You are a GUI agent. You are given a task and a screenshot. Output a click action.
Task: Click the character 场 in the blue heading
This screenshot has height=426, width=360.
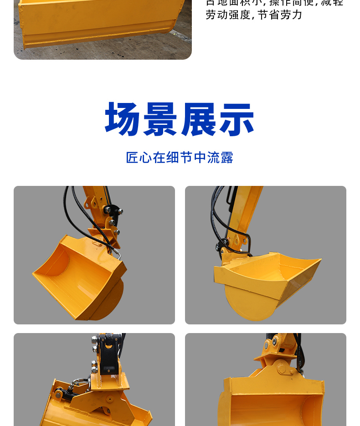pyautogui.click(x=123, y=119)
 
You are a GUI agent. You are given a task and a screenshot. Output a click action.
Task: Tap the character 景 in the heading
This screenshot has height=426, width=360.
pyautogui.click(x=161, y=119)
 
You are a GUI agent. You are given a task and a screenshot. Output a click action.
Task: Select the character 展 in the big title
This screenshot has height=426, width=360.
pyautogui.click(x=199, y=119)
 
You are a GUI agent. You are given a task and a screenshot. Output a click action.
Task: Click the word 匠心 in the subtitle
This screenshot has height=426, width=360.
pyautogui.click(x=139, y=158)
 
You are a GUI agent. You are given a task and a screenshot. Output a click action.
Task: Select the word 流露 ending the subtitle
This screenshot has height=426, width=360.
pyautogui.click(x=220, y=158)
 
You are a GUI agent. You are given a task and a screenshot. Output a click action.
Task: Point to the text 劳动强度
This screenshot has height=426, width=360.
pyautogui.click(x=228, y=15)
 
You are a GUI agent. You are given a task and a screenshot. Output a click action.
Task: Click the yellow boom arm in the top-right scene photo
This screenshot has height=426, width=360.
pyautogui.click(x=248, y=205)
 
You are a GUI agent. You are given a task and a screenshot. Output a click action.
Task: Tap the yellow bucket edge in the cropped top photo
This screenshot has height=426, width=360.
pyautogui.click(x=100, y=39)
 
